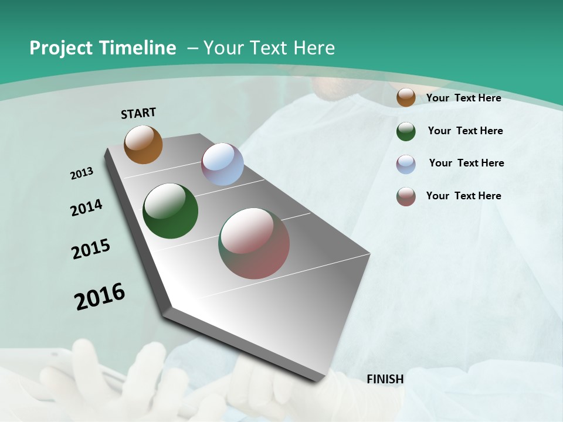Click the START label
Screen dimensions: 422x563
click(x=138, y=113)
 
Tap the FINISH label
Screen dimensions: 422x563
click(x=385, y=379)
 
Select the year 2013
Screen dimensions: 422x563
click(x=82, y=173)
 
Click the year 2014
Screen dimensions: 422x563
click(x=86, y=207)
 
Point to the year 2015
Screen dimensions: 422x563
click(x=91, y=249)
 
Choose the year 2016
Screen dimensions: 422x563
click(x=100, y=296)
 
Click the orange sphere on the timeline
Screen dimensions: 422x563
click(x=143, y=144)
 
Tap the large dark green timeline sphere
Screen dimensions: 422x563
click(x=171, y=211)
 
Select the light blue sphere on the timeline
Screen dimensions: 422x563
click(x=222, y=164)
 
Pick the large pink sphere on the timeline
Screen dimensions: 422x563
click(x=255, y=243)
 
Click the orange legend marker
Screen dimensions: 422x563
click(x=406, y=97)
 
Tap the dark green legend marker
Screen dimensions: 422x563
click(x=406, y=131)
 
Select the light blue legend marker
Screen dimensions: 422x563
click(x=406, y=164)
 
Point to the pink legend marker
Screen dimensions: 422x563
click(x=406, y=196)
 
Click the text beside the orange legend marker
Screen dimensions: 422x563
click(x=463, y=98)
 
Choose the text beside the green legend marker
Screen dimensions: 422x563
click(x=465, y=131)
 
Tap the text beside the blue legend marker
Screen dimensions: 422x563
click(x=466, y=163)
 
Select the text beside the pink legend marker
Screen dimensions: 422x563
click(x=463, y=196)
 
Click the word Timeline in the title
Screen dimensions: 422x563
click(x=140, y=48)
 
